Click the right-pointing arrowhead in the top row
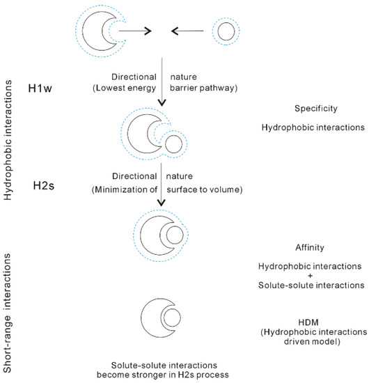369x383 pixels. [x=147, y=31]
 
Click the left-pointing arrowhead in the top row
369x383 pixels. [x=176, y=31]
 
